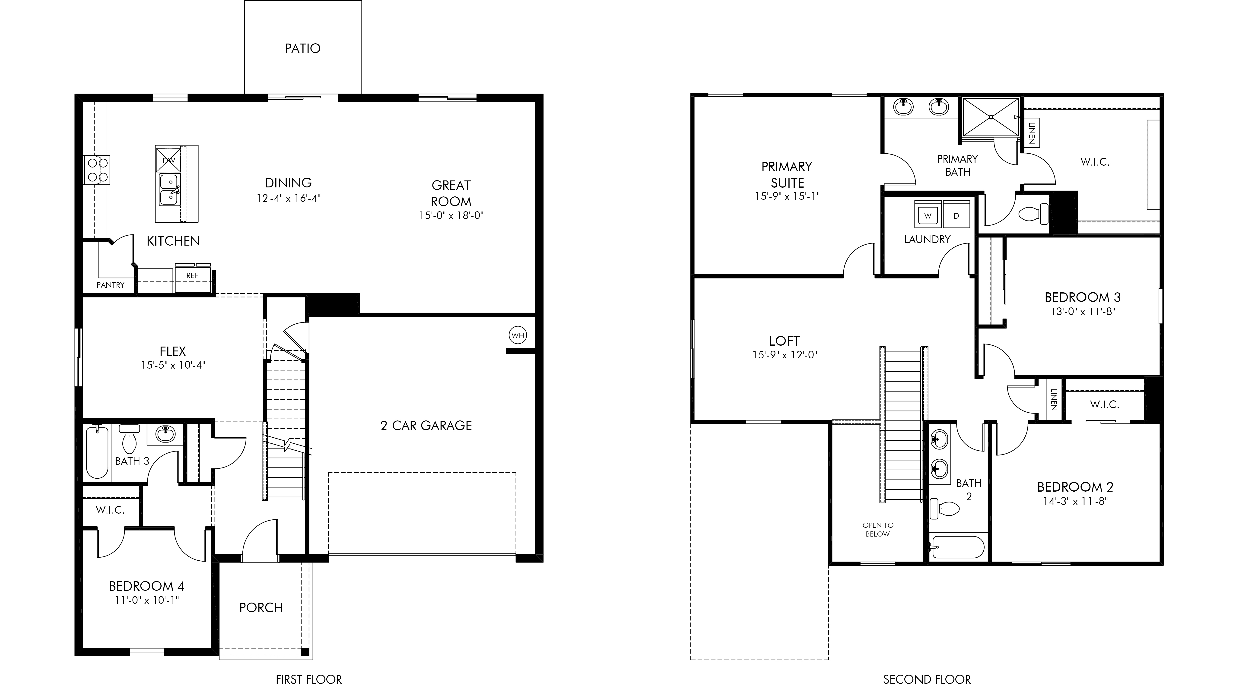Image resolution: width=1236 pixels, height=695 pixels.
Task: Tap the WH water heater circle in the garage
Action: pyautogui.click(x=518, y=335)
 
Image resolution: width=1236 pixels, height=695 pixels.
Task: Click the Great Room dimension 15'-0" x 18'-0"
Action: pyautogui.click(x=451, y=215)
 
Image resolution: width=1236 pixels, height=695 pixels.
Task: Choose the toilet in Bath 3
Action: pyautogui.click(x=130, y=438)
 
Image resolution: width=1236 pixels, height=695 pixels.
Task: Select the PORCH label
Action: pyautogui.click(x=261, y=608)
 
